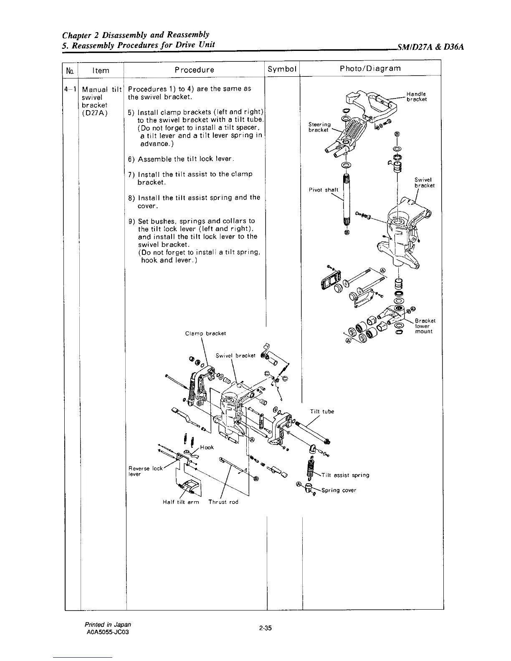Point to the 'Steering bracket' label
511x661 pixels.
[319, 127]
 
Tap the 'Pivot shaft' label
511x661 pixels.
[323, 190]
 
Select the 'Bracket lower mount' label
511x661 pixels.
[425, 326]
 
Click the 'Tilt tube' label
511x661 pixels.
[322, 411]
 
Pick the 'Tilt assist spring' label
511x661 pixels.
[346, 475]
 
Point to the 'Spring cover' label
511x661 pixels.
[339, 490]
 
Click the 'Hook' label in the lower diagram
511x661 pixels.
[207, 447]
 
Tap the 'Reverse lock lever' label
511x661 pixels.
[145, 471]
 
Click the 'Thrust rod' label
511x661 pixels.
[223, 502]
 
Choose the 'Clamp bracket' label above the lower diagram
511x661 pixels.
[205, 333]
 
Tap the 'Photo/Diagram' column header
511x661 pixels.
[371, 68]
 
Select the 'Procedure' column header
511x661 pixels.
[195, 70]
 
